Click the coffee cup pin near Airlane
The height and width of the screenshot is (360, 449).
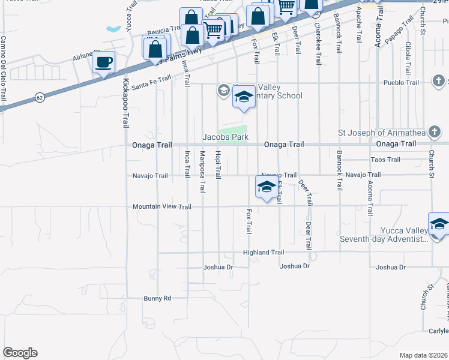pyautogui.click(x=103, y=62)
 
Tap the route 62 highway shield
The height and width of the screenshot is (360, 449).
pyautogui.click(x=40, y=96)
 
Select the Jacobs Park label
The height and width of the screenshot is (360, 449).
pyautogui.click(x=225, y=137)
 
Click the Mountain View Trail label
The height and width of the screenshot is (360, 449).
pyautogui.click(x=161, y=206)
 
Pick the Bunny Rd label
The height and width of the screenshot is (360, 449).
pyautogui.click(x=157, y=298)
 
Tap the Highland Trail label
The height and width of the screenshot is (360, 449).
pyautogui.click(x=263, y=253)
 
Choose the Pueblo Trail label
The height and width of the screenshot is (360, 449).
pyautogui.click(x=402, y=83)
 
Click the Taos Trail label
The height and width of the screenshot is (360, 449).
pyautogui.click(x=385, y=160)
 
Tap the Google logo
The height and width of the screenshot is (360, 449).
pyautogui.click(x=20, y=353)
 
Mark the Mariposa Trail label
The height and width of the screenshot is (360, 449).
pyautogui.click(x=202, y=172)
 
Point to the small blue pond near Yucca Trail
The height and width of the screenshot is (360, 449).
pyautogui.click(x=113, y=28)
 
